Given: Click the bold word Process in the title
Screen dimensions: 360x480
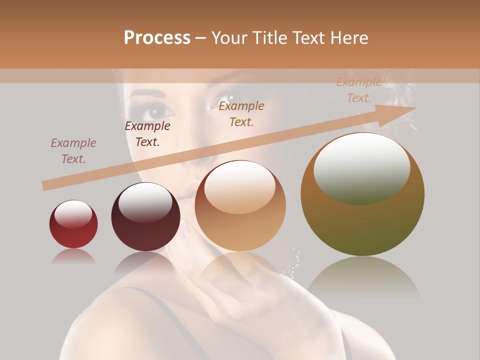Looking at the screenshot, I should [x=157, y=37].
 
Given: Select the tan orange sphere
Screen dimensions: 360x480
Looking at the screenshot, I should [x=240, y=206].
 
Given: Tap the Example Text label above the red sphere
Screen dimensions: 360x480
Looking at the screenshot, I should [x=73, y=151].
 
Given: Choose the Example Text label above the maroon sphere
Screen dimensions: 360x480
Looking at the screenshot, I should [x=147, y=134].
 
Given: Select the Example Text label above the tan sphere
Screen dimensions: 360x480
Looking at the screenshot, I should [x=241, y=114].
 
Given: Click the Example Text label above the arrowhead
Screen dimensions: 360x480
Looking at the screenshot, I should [x=359, y=90].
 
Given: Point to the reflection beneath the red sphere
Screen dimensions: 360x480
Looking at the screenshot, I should [x=73, y=256].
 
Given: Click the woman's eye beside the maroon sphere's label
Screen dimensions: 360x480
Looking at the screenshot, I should [x=156, y=111].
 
